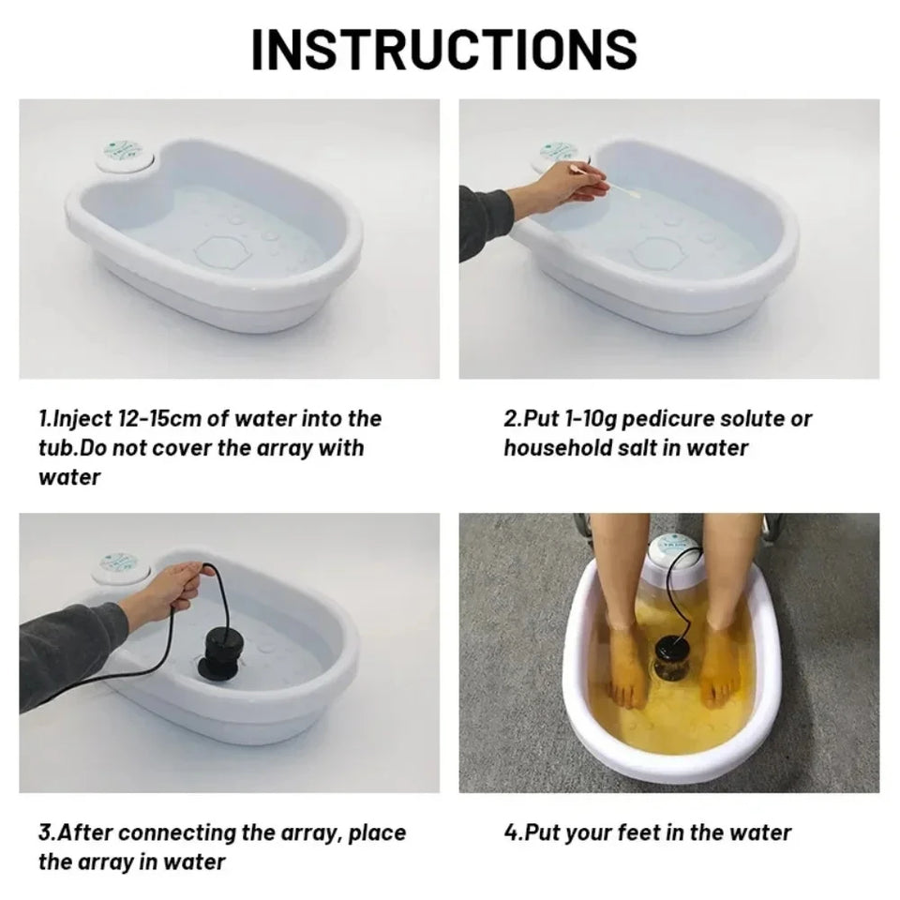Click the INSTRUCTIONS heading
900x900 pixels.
[x=444, y=50]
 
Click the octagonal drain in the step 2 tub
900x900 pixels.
[x=659, y=252]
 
